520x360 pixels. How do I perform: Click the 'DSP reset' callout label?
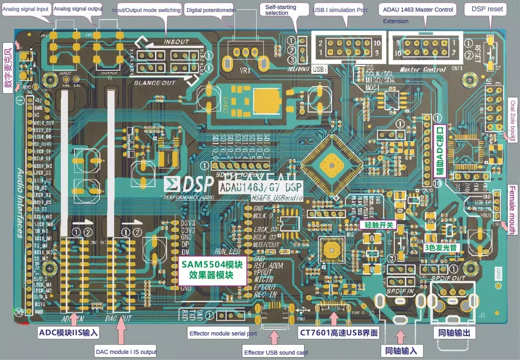click(487, 9)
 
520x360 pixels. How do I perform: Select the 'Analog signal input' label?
click(26, 9)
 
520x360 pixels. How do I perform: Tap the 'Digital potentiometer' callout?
click(211, 10)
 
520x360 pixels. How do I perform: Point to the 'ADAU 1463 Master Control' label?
click(418, 9)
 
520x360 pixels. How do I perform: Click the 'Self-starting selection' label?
click(281, 10)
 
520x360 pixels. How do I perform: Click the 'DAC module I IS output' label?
click(126, 352)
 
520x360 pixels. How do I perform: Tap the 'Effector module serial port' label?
click(223, 333)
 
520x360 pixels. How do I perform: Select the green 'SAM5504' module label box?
click(212, 270)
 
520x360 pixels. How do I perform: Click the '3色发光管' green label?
click(441, 248)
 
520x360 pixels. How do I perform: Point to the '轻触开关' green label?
click(378, 225)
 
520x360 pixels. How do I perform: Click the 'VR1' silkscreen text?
click(245, 70)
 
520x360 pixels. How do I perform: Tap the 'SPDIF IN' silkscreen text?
click(400, 291)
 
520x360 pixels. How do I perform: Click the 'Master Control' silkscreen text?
click(423, 69)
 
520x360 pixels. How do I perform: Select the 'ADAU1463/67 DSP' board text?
click(261, 187)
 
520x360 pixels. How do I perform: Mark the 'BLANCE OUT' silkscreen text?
click(155, 83)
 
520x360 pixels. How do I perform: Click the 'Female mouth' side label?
click(512, 210)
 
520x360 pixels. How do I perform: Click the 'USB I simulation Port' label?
click(340, 10)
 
